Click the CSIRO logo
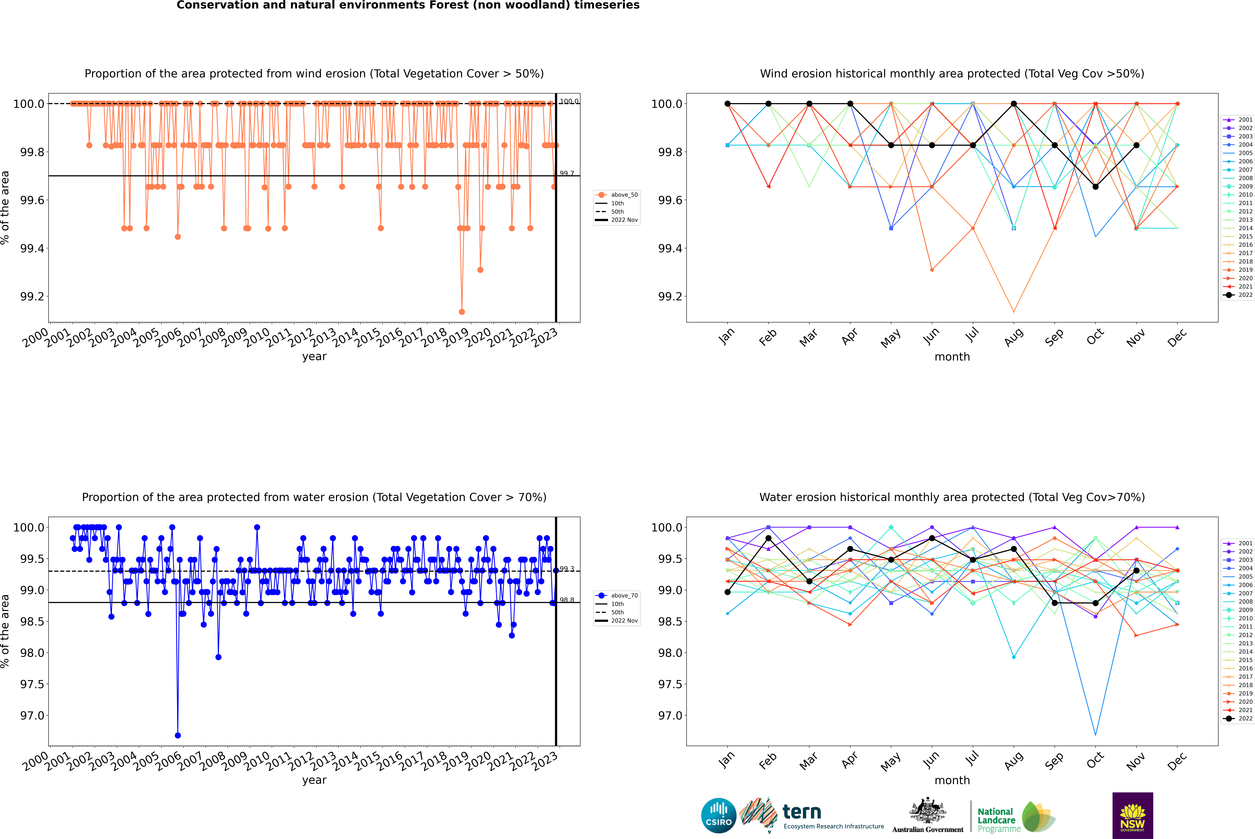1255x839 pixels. pos(719,815)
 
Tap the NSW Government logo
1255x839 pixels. pos(1132,815)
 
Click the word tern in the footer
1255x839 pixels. pos(801,812)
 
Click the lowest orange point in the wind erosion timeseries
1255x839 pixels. pos(462,311)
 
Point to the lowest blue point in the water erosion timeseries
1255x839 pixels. pos(178,735)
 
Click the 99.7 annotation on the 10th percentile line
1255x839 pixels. pos(566,173)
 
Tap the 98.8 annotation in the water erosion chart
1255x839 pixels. pos(566,600)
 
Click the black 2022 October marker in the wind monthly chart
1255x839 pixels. pos(1095,187)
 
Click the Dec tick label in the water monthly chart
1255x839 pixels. pos(1177,761)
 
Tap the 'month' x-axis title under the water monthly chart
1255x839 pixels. pos(952,780)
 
